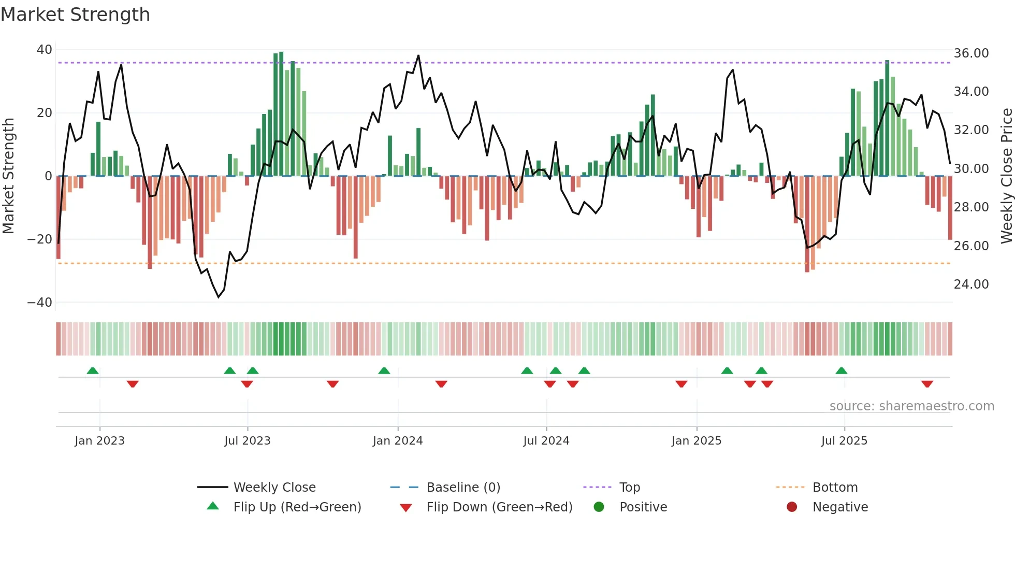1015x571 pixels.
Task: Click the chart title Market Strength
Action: point(75,15)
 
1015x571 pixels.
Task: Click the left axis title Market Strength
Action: point(9,176)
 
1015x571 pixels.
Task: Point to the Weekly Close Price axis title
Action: point(1006,176)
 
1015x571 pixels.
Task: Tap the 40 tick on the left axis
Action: point(45,50)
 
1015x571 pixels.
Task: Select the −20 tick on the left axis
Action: point(40,239)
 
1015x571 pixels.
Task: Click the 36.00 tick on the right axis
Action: point(971,53)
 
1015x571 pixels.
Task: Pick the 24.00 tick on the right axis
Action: point(971,284)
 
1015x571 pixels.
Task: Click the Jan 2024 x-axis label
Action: point(398,441)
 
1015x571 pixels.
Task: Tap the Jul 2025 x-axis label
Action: point(844,441)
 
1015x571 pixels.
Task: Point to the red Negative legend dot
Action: point(792,507)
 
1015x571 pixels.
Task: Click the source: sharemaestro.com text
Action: point(911,406)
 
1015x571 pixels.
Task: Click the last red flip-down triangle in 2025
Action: point(927,384)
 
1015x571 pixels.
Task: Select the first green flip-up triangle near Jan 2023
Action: point(93,370)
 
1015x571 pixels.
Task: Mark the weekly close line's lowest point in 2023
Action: point(219,297)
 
